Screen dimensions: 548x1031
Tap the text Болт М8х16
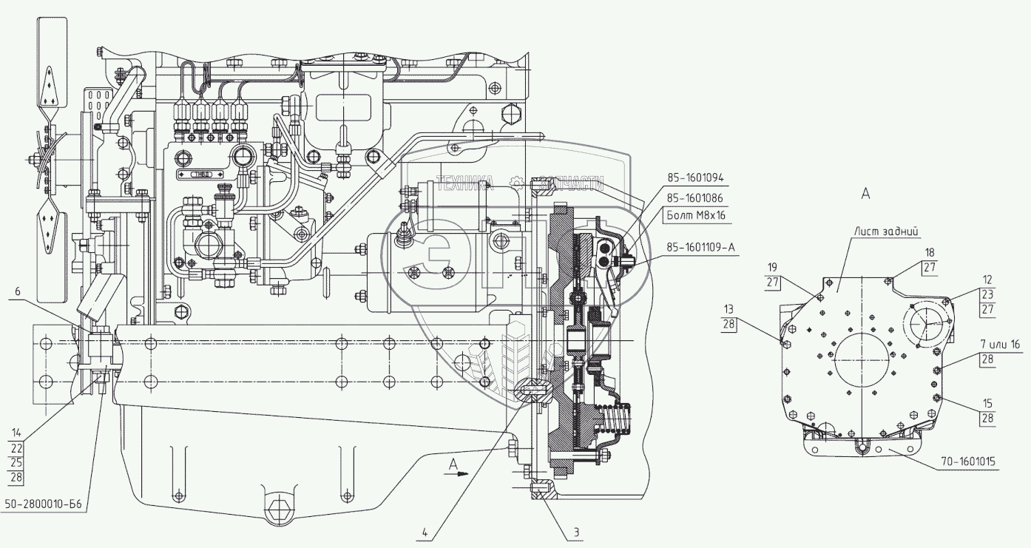[x=694, y=214]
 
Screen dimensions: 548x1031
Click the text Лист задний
[x=887, y=231]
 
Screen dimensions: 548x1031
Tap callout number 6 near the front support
[x=17, y=293]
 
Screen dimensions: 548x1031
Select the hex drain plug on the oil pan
[x=279, y=510]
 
